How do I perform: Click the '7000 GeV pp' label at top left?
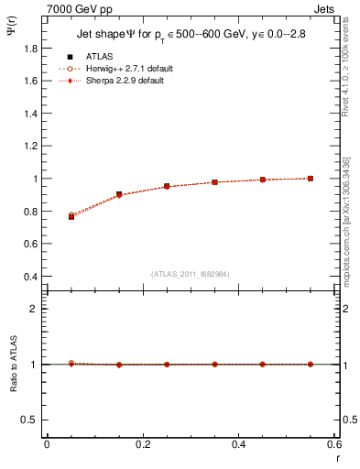tap(80, 8)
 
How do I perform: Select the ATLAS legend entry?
tap(97, 56)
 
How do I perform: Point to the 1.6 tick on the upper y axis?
tap(32, 81)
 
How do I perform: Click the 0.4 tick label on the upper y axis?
tap(32, 277)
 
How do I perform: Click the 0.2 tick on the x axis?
tap(142, 444)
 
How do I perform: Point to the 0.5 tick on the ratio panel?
tap(32, 420)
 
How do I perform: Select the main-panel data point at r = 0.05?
tap(71, 216)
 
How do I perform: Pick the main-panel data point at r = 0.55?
tap(311, 179)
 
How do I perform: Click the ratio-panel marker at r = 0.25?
tap(167, 365)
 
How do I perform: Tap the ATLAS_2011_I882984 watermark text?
tap(191, 273)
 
